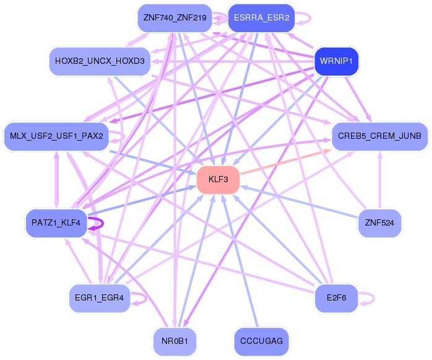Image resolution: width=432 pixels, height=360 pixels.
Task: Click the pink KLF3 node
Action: (x=218, y=180)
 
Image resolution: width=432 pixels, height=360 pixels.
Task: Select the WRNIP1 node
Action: (x=337, y=61)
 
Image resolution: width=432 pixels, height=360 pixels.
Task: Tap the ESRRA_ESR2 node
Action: (x=261, y=18)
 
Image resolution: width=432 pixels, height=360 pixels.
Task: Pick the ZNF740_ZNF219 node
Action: (x=175, y=18)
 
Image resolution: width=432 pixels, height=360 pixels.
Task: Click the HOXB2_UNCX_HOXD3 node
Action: (x=100, y=61)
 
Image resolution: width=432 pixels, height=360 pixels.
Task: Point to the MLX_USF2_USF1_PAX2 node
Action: (x=56, y=136)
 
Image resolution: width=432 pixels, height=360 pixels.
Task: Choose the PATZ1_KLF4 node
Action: (x=56, y=223)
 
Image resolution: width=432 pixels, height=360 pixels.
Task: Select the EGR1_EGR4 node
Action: (x=100, y=298)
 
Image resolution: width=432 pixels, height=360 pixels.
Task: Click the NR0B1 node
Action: (x=175, y=341)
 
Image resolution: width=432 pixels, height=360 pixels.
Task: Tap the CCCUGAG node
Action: (x=261, y=341)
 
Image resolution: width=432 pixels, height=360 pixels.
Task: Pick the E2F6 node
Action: (x=337, y=298)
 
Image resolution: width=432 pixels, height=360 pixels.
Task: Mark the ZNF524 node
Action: (x=379, y=223)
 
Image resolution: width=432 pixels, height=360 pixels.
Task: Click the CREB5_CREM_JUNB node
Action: (x=379, y=136)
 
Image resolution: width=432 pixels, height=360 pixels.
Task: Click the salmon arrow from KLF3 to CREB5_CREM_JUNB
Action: (x=286, y=162)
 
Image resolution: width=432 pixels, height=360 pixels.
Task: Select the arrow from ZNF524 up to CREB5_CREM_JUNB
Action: (x=380, y=180)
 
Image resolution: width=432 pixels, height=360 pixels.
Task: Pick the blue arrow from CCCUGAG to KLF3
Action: (x=240, y=260)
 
